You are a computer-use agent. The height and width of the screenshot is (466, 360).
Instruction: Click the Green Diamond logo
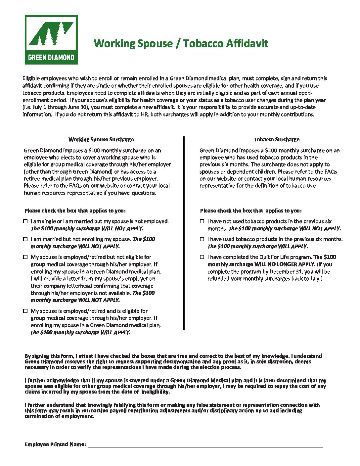pyautogui.click(x=51, y=40)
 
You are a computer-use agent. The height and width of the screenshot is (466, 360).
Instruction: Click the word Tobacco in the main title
pyautogui.click(x=202, y=43)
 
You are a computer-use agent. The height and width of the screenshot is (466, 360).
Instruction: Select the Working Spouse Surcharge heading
pyautogui.click(x=101, y=140)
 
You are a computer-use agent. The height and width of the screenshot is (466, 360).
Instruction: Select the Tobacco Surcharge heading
pyautogui.click(x=276, y=140)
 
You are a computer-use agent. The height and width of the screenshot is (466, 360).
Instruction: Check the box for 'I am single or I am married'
pyautogui.click(x=25, y=221)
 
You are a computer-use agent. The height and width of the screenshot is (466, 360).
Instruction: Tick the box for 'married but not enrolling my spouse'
pyautogui.click(x=25, y=239)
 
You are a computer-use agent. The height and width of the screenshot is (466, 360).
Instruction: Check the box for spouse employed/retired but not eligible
pyautogui.click(x=25, y=257)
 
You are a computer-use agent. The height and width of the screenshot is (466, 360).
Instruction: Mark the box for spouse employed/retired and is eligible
pyautogui.click(x=25, y=311)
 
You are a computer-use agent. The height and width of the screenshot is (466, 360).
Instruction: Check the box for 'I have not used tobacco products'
pyautogui.click(x=202, y=221)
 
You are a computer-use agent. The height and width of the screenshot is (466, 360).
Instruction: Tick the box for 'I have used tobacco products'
pyautogui.click(x=202, y=239)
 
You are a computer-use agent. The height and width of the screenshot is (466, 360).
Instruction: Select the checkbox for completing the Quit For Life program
pyautogui.click(x=202, y=257)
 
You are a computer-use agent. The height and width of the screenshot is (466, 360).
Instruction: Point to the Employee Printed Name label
pyautogui.click(x=55, y=444)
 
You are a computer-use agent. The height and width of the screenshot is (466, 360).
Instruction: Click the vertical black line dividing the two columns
pyautogui.click(x=184, y=232)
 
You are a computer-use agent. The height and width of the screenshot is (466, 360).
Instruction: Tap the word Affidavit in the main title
pyautogui.click(x=247, y=43)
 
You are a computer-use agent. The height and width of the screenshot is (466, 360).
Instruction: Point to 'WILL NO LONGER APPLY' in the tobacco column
pyautogui.click(x=285, y=264)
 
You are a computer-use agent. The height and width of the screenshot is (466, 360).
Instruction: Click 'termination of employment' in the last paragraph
pyautogui.click(x=59, y=416)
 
